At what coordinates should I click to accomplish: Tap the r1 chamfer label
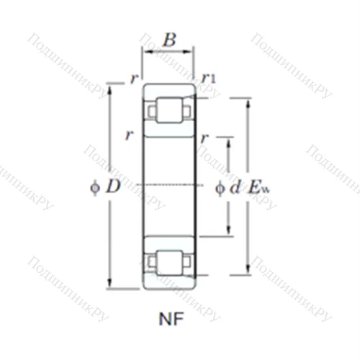pyautogui.click(x=209, y=78)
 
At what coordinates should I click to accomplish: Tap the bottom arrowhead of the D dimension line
pyautogui.click(x=110, y=284)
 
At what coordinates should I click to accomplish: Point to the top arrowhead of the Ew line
pyautogui.click(x=250, y=101)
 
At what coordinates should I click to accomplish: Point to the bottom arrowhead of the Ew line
pyautogui.click(x=250, y=272)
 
